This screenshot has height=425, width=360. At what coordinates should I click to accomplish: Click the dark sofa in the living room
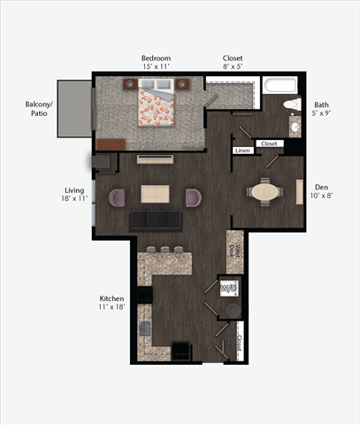point(155,221)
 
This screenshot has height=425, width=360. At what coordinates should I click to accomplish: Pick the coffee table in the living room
point(156,195)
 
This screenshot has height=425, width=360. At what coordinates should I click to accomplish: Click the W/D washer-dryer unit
point(227,288)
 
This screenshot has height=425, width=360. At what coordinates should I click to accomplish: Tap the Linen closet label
point(243,151)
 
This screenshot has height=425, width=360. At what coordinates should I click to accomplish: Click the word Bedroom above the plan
point(156,58)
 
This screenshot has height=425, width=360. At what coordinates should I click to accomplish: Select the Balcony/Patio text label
point(37,109)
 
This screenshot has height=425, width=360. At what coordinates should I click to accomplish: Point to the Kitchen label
point(111,298)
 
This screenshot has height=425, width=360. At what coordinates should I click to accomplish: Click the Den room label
point(322,187)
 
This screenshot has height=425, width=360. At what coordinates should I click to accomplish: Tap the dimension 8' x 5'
point(234,67)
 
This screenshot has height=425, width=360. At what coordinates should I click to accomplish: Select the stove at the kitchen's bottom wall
point(181,351)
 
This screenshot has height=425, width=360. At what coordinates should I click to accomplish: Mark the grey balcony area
point(74,108)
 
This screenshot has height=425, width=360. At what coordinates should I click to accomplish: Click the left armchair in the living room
point(117,197)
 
